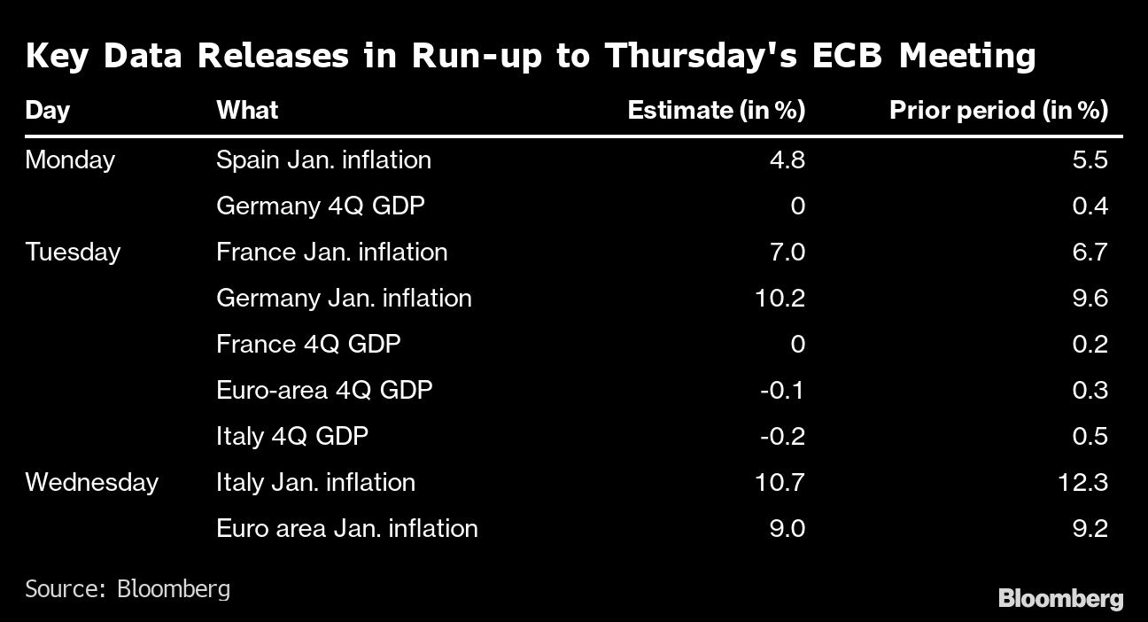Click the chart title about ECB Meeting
(531, 56)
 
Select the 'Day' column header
(47, 110)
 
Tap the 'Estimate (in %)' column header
(716, 110)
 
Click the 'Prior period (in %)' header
(998, 110)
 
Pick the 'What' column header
(247, 110)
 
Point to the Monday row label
(70, 160)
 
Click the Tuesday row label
(73, 253)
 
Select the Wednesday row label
(91, 483)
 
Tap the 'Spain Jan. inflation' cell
(323, 160)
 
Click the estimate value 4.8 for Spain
(787, 160)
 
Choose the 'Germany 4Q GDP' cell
(320, 206)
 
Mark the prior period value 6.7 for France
(1089, 253)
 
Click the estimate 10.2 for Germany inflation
(781, 299)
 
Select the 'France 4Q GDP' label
(308, 345)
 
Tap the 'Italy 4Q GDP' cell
(291, 437)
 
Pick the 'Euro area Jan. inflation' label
(346, 529)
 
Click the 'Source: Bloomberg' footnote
(128, 588)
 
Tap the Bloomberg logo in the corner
(1060, 599)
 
